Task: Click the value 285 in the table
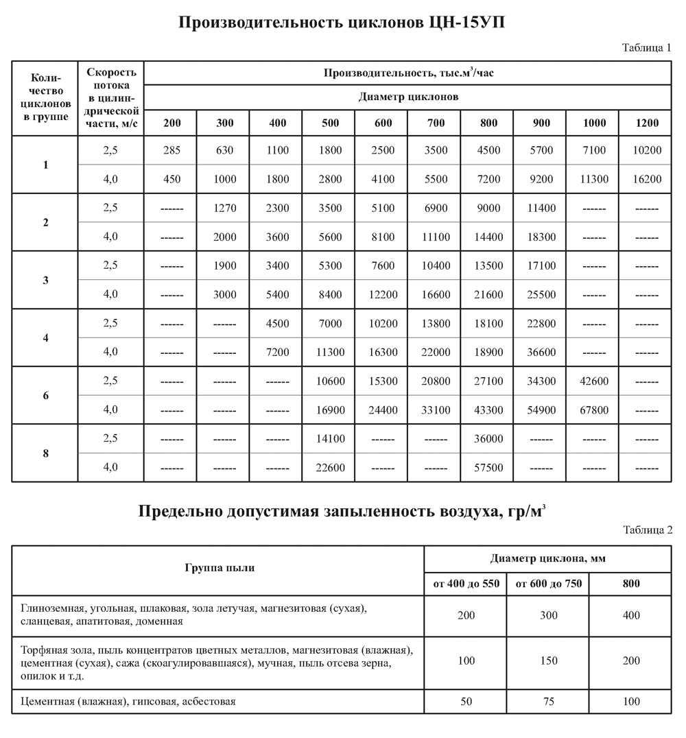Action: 171,150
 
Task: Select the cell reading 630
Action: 224,150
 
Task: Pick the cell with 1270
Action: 224,209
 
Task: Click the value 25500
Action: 541,295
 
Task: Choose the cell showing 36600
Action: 541,353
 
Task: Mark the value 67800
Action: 593,410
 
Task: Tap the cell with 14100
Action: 330,439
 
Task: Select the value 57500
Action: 488,468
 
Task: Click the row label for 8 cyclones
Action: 45,453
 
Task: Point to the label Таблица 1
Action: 647,47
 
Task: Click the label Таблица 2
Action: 647,529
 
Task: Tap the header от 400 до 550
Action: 466,584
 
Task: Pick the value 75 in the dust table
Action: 548,702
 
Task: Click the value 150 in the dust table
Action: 548,660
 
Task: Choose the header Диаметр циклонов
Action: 408,97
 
